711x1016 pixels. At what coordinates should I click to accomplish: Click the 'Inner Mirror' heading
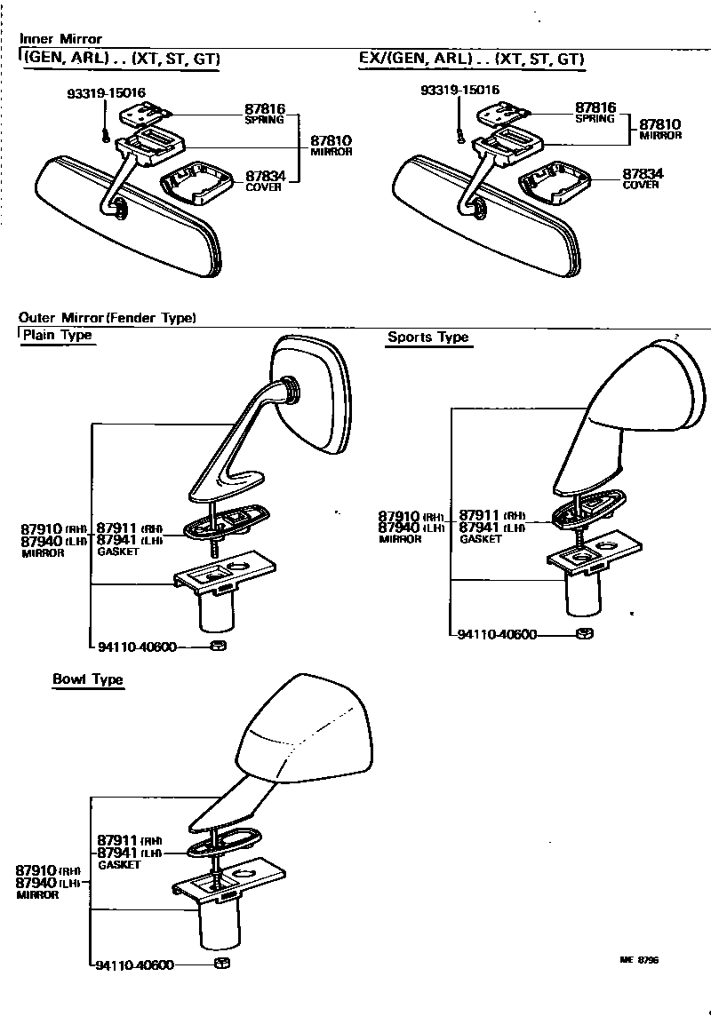(x=60, y=39)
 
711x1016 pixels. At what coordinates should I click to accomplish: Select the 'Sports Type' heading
(x=427, y=337)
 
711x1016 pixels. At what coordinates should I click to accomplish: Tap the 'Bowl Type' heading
(x=87, y=679)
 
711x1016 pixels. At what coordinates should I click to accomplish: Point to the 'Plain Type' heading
(x=57, y=336)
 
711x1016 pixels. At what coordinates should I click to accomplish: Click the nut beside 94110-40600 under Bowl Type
(x=222, y=964)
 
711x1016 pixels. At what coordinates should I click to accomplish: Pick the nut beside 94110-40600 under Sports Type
(x=584, y=634)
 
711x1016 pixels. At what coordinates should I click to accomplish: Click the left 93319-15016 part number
(x=106, y=91)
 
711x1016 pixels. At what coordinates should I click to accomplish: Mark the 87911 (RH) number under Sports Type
(x=480, y=516)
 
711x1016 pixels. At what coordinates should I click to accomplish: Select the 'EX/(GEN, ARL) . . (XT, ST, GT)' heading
(x=471, y=60)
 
